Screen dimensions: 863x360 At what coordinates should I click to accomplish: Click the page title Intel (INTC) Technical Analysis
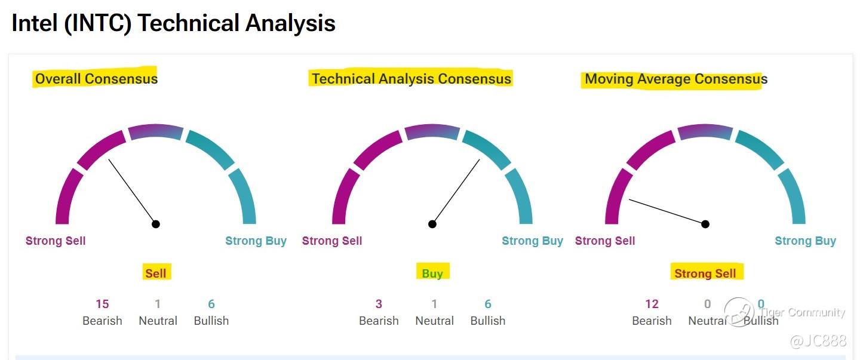(173, 23)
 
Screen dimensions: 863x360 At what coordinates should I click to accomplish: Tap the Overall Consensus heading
(96, 79)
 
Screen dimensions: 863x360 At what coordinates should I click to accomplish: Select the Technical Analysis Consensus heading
(411, 79)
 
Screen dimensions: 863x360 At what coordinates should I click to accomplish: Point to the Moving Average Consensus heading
(676, 79)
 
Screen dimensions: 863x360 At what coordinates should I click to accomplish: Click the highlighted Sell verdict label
(156, 273)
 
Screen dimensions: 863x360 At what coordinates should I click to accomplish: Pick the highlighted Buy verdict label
(432, 273)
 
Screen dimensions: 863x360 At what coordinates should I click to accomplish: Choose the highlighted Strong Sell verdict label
(705, 273)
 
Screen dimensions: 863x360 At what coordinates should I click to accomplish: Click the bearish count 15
(103, 304)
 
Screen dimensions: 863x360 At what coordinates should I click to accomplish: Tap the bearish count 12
(652, 304)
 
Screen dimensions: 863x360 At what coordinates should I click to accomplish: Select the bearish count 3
(379, 304)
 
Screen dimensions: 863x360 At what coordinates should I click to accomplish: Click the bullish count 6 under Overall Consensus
(211, 304)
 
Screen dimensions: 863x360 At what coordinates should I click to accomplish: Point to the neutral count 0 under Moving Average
(707, 304)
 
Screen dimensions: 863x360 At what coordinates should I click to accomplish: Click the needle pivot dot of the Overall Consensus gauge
(156, 224)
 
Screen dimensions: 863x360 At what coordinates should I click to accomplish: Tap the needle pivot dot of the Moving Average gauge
(705, 224)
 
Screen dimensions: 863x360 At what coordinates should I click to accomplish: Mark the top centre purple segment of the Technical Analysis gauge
(432, 131)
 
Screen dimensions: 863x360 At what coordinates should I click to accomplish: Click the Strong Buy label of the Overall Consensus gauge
(256, 241)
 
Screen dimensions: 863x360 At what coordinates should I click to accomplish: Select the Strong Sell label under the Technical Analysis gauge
(332, 241)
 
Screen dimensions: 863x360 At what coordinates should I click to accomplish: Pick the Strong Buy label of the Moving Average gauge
(805, 241)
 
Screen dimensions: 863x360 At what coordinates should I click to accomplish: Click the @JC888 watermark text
(818, 341)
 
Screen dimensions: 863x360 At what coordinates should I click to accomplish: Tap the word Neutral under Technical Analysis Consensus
(435, 321)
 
